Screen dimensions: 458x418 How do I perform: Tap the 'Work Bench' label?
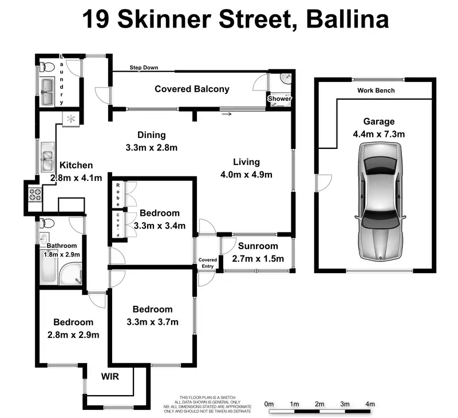pos(376,90)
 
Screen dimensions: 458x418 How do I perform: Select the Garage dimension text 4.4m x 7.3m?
pos(379,135)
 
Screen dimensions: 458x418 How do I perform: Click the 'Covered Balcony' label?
pos(192,89)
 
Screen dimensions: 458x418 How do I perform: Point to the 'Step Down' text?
pos(144,68)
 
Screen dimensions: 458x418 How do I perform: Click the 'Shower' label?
pos(280,99)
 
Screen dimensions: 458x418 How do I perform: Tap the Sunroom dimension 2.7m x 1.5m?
pos(258,258)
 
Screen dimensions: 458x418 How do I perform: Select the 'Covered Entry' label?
pos(208,263)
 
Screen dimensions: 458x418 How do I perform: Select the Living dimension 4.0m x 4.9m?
pos(246,175)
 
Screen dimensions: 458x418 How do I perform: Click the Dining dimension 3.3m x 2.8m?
pos(151,147)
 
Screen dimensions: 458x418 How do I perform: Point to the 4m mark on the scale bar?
pos(370,404)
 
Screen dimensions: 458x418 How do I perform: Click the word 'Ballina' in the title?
pos(348,19)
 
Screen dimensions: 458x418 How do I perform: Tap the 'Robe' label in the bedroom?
pos(117,194)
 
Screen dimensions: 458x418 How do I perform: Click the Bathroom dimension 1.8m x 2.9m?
pos(60,255)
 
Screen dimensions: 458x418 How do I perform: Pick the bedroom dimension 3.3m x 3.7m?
pos(152,322)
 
